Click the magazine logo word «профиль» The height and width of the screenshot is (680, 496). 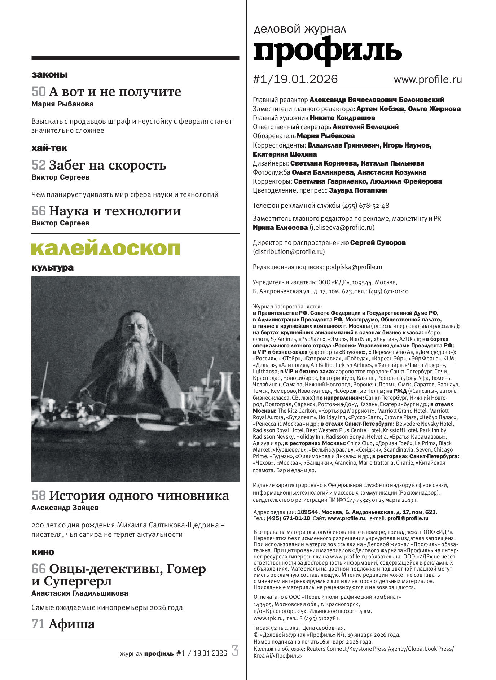(327, 51)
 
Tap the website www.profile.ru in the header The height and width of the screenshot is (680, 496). (427, 79)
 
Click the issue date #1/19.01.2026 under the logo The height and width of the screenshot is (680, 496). (295, 79)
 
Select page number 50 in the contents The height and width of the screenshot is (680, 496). (39, 92)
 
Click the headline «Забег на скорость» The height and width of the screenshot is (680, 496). (107, 165)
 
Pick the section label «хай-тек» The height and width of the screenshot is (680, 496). (49, 148)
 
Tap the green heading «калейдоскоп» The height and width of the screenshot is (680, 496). (106, 249)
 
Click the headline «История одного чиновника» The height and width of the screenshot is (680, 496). (139, 496)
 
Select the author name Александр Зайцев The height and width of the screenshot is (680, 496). (65, 508)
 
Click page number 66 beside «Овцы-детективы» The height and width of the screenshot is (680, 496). (39, 569)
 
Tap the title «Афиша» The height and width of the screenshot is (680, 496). (72, 624)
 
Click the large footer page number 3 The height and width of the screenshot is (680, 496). (235, 650)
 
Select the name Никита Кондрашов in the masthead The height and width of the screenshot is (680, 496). (342, 118)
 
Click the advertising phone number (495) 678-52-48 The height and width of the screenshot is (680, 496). (365, 206)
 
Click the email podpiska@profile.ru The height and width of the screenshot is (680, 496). (354, 267)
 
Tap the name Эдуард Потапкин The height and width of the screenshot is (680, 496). (358, 190)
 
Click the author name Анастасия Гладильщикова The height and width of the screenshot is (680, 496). (80, 593)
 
